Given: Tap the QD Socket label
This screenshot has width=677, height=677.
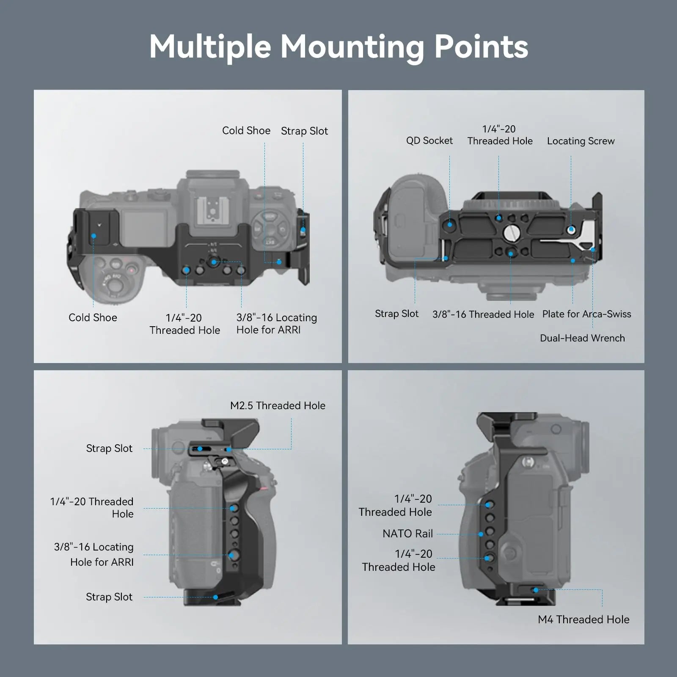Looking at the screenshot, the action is [429, 140].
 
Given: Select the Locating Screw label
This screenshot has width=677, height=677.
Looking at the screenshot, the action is [581, 141].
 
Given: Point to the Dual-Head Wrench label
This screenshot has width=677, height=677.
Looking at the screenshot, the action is [582, 338].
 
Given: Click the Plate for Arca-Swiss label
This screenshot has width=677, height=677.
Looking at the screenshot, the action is [586, 314].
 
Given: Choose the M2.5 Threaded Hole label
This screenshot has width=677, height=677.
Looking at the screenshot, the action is [278, 405].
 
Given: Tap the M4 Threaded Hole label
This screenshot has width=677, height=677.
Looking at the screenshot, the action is [583, 619].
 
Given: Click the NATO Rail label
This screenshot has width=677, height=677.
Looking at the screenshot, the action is [407, 534].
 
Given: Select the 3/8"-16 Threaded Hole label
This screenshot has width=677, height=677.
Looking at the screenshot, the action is [483, 314].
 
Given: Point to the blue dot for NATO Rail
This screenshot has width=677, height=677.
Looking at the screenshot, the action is [481, 534].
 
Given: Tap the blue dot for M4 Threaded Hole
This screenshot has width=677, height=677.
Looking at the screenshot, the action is [536, 590].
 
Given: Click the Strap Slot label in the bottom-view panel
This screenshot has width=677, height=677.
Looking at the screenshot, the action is [396, 314].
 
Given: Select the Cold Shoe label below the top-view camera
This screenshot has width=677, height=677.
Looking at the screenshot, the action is [93, 317].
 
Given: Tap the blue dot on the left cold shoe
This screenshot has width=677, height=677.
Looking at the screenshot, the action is [94, 236].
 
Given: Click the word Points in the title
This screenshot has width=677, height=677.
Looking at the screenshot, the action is [482, 47].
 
